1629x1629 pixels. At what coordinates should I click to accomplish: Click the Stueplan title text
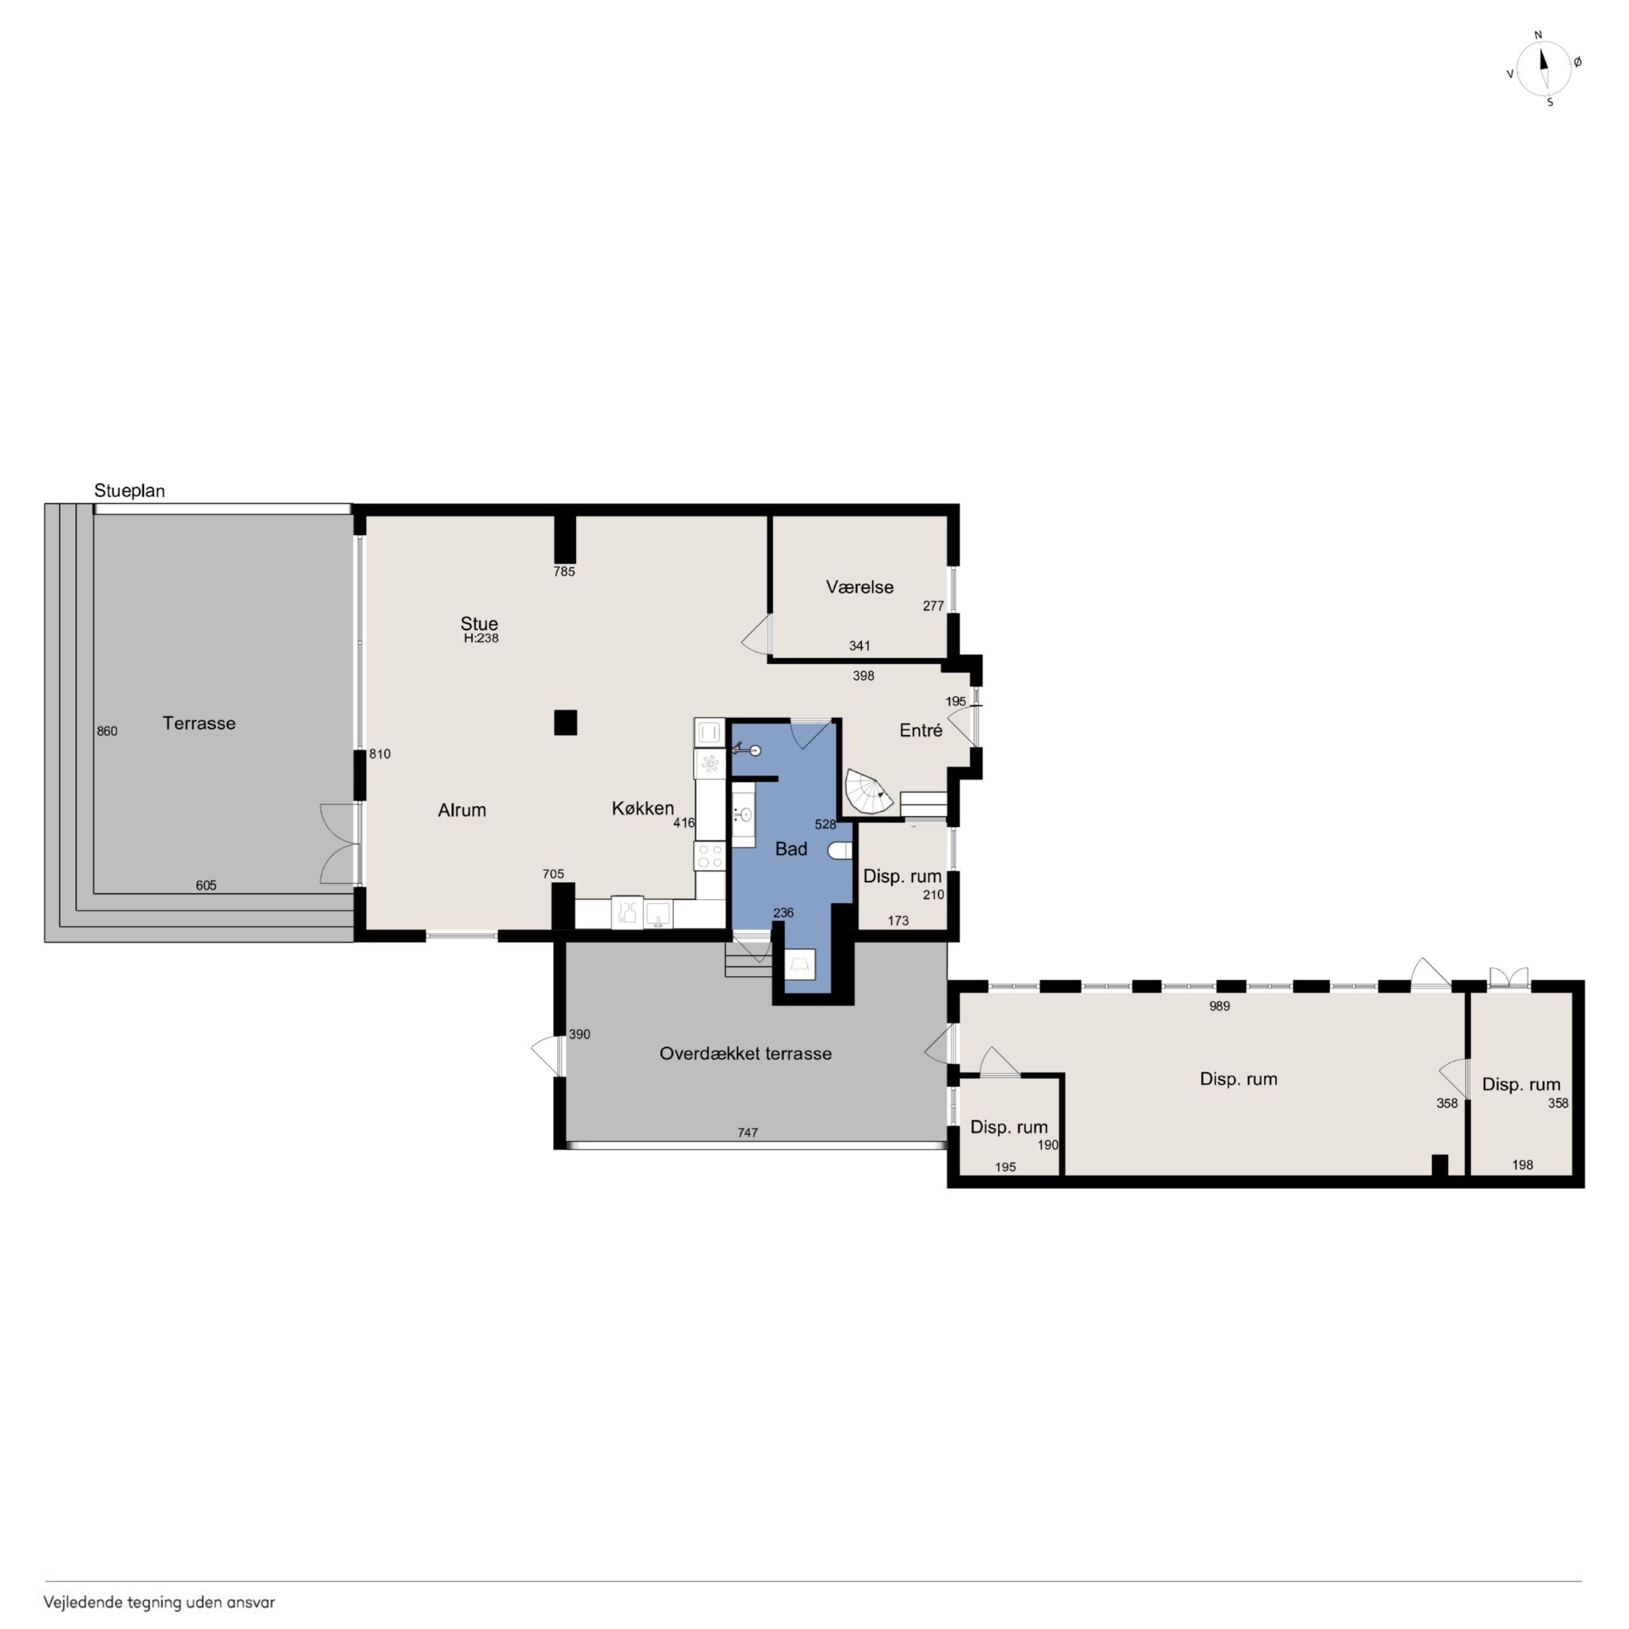[x=129, y=491]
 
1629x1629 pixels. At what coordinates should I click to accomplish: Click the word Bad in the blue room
[x=791, y=848]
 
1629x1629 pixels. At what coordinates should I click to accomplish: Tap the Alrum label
[x=462, y=809]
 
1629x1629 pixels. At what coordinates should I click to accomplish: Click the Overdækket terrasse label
[x=746, y=1053]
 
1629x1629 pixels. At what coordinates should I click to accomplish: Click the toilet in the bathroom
[x=841, y=850]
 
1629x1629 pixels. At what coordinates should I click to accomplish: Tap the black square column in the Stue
[x=565, y=722]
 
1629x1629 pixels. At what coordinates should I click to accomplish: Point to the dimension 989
[x=1219, y=1006]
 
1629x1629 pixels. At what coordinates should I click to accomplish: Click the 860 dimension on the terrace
[x=107, y=731]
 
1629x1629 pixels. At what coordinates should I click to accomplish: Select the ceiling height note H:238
[x=481, y=638]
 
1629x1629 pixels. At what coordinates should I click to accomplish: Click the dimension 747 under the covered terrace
[x=747, y=1132]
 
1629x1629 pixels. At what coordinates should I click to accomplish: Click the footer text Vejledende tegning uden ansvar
[x=159, y=1602]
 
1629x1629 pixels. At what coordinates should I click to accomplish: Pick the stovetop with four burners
[x=709, y=856]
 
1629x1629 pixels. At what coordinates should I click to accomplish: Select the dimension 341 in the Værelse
[x=859, y=646]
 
